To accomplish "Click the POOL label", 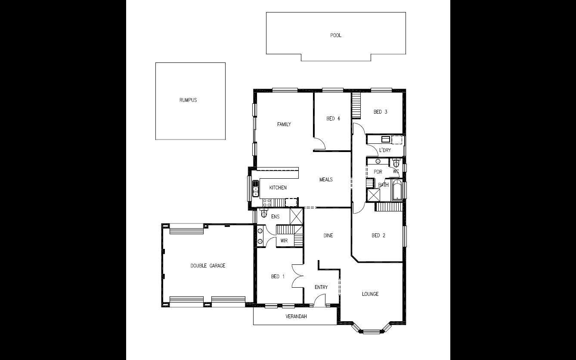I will [336, 35].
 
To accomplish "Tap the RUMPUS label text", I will [188, 100].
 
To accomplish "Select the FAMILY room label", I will [284, 124].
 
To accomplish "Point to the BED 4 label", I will [333, 118].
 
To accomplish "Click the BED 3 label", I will [381, 112].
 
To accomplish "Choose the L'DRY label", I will [384, 150].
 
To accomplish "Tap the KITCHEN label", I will [278, 188].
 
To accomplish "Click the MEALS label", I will [326, 180].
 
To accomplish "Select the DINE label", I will [328, 236].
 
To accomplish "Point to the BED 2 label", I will [378, 236].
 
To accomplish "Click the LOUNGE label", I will [370, 294].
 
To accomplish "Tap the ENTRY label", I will [321, 287].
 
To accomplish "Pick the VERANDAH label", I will [296, 317].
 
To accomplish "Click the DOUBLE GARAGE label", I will [208, 266].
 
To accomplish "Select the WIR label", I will [284, 241].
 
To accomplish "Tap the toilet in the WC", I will [396, 163].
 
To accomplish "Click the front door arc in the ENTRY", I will [319, 301].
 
